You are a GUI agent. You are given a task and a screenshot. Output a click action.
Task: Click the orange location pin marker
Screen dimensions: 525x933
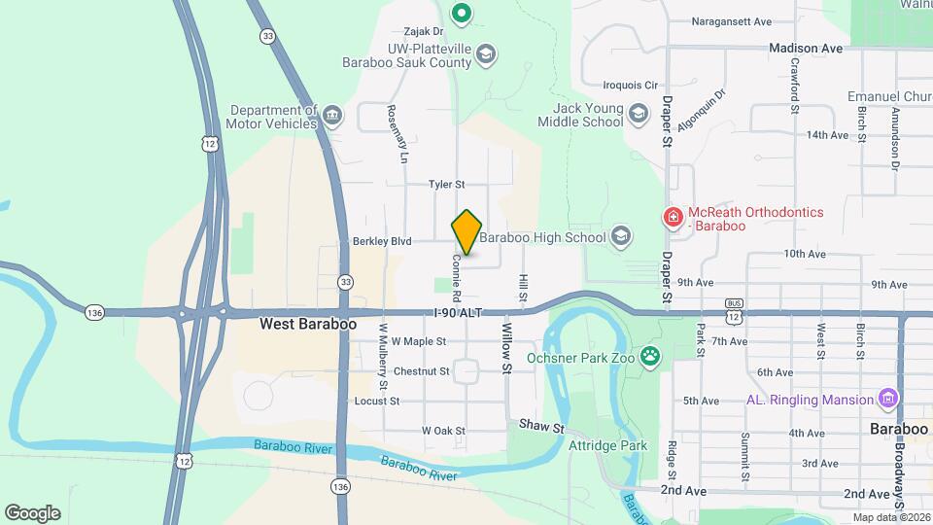[x=466, y=231]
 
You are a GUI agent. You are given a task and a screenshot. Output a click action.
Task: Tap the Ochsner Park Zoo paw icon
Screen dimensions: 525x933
[x=649, y=357]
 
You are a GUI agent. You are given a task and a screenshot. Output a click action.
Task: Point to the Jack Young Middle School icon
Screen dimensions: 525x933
[x=638, y=114]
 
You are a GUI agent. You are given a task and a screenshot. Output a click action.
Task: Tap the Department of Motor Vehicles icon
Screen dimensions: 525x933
[x=331, y=117]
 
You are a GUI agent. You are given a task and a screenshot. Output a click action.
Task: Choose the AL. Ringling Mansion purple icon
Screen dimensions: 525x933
[x=885, y=399]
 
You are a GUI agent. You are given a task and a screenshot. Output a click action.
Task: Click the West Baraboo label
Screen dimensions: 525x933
[x=307, y=324]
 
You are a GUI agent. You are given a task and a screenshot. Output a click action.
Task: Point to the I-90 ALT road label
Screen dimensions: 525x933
[x=459, y=312]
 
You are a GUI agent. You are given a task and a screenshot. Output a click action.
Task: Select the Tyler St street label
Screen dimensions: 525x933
[x=447, y=184]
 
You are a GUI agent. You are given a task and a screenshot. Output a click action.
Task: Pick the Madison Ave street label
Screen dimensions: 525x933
[x=805, y=47]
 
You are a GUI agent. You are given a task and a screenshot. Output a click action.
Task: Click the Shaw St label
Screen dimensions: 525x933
[x=541, y=426]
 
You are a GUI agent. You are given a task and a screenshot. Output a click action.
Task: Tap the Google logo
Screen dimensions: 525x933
[x=32, y=513]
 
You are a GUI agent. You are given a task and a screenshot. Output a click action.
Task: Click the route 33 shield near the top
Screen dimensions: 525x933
[x=267, y=36]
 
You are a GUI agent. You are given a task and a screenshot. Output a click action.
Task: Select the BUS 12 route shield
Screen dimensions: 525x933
[x=734, y=313]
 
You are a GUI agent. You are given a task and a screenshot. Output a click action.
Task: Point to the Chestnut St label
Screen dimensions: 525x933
[x=422, y=371]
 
